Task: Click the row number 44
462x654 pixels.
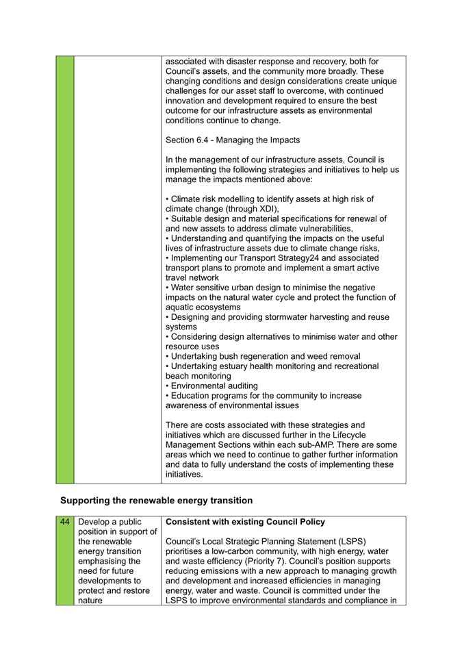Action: point(64,522)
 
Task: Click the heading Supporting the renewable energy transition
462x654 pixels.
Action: point(156,501)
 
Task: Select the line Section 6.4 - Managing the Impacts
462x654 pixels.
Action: point(233,140)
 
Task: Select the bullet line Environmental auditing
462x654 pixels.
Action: point(211,386)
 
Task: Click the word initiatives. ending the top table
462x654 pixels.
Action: point(185,474)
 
